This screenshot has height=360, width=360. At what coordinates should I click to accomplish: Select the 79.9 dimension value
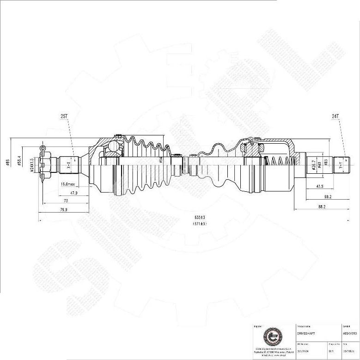(x=63, y=210)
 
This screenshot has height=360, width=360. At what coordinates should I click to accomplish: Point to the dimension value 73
(x=65, y=201)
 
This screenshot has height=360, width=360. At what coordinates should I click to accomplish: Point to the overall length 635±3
(x=200, y=217)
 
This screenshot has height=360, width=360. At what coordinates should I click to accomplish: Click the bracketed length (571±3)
(x=200, y=224)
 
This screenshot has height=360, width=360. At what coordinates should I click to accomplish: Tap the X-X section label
(x=69, y=164)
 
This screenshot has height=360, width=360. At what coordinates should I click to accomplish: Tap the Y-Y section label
(x=341, y=165)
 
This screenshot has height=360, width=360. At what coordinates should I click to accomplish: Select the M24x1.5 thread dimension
(x=32, y=164)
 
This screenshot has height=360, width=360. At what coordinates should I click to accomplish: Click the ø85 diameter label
(x=8, y=163)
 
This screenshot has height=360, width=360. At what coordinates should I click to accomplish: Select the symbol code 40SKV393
(x=349, y=333)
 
